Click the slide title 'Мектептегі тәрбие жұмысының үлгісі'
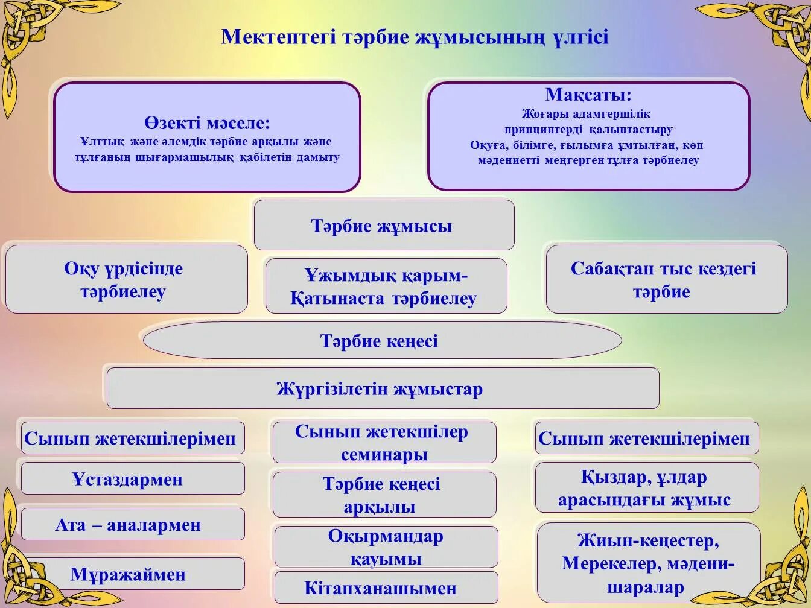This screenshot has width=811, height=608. coord(415,37)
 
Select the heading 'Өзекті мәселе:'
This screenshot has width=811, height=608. coord(207,124)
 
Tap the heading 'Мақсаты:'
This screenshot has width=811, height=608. coord(588,95)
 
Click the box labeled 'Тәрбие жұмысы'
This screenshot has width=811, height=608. coord(384,226)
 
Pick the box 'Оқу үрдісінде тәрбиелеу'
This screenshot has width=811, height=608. coord(126,280)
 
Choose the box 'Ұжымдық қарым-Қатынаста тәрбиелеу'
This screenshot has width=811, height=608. coord(386,287)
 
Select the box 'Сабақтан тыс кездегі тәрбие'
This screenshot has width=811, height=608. coord(666,280)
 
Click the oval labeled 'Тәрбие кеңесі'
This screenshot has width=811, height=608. coord(381,341)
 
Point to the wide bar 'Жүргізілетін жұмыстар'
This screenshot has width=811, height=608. coord(381,389)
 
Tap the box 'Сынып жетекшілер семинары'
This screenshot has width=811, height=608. coord(384,443)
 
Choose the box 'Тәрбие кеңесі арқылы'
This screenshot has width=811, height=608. coord(384,495)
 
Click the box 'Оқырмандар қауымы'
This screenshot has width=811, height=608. coord(386,547)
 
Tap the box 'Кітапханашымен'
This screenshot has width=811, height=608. coord(386,587)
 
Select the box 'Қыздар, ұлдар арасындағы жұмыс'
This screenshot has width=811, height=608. coord(646,488)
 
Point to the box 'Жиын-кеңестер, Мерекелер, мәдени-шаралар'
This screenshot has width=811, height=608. coord(648,564)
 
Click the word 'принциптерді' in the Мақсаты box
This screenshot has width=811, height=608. coord(544,130)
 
